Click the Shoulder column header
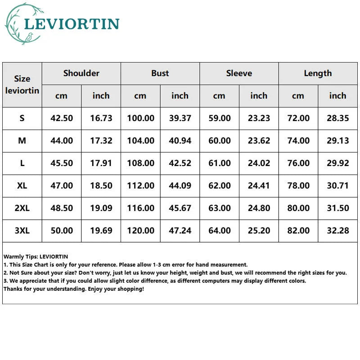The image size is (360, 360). click(81, 73)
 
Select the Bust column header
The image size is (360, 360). click(160, 73)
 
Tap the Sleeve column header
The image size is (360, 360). click(239, 73)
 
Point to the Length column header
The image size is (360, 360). click(318, 73)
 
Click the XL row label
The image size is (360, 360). click(22, 185)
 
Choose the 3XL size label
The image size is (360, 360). click(22, 230)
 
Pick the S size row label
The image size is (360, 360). click(22, 118)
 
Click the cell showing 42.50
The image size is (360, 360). click(62, 118)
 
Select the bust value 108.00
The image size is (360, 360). click(140, 163)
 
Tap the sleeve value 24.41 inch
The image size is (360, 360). click(259, 185)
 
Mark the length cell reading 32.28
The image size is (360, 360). click(337, 230)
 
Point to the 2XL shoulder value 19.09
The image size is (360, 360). click(101, 208)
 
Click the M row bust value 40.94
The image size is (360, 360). click(180, 140)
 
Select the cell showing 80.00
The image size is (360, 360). click(298, 208)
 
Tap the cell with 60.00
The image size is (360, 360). click(219, 140)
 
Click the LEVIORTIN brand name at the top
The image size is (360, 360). click(72, 24)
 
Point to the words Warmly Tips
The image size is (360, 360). click(18, 257)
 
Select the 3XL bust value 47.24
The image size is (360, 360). click(180, 230)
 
